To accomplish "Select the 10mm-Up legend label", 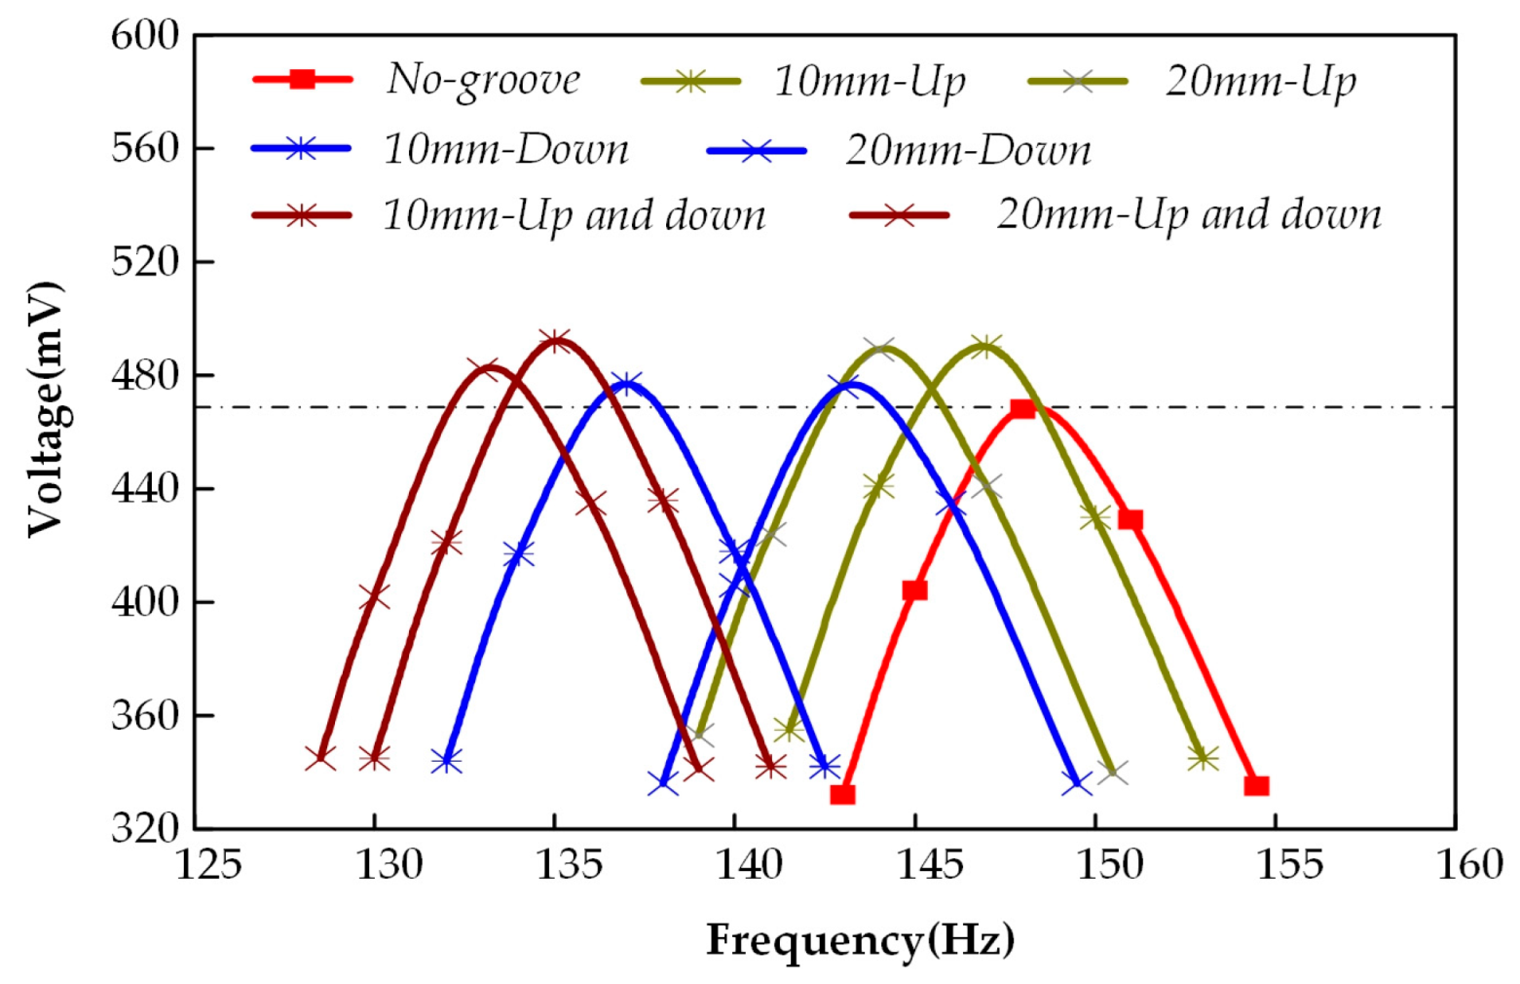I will (x=870, y=82).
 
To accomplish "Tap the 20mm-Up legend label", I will (x=1260, y=82).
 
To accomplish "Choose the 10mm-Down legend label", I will (x=505, y=150).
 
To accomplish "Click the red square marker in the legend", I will (x=303, y=79).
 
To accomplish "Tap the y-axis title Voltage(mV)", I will (x=45, y=409).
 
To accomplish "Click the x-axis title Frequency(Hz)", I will (x=860, y=941).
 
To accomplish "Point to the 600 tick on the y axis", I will (x=145, y=36).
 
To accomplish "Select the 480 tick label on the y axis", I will (x=145, y=375).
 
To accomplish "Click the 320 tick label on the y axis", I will (x=145, y=828).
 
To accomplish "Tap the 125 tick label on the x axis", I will (x=207, y=864).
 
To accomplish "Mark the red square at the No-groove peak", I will (x=1022, y=408).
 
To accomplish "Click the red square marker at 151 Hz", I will (x=1130, y=520).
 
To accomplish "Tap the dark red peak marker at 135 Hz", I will (x=555, y=342).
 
